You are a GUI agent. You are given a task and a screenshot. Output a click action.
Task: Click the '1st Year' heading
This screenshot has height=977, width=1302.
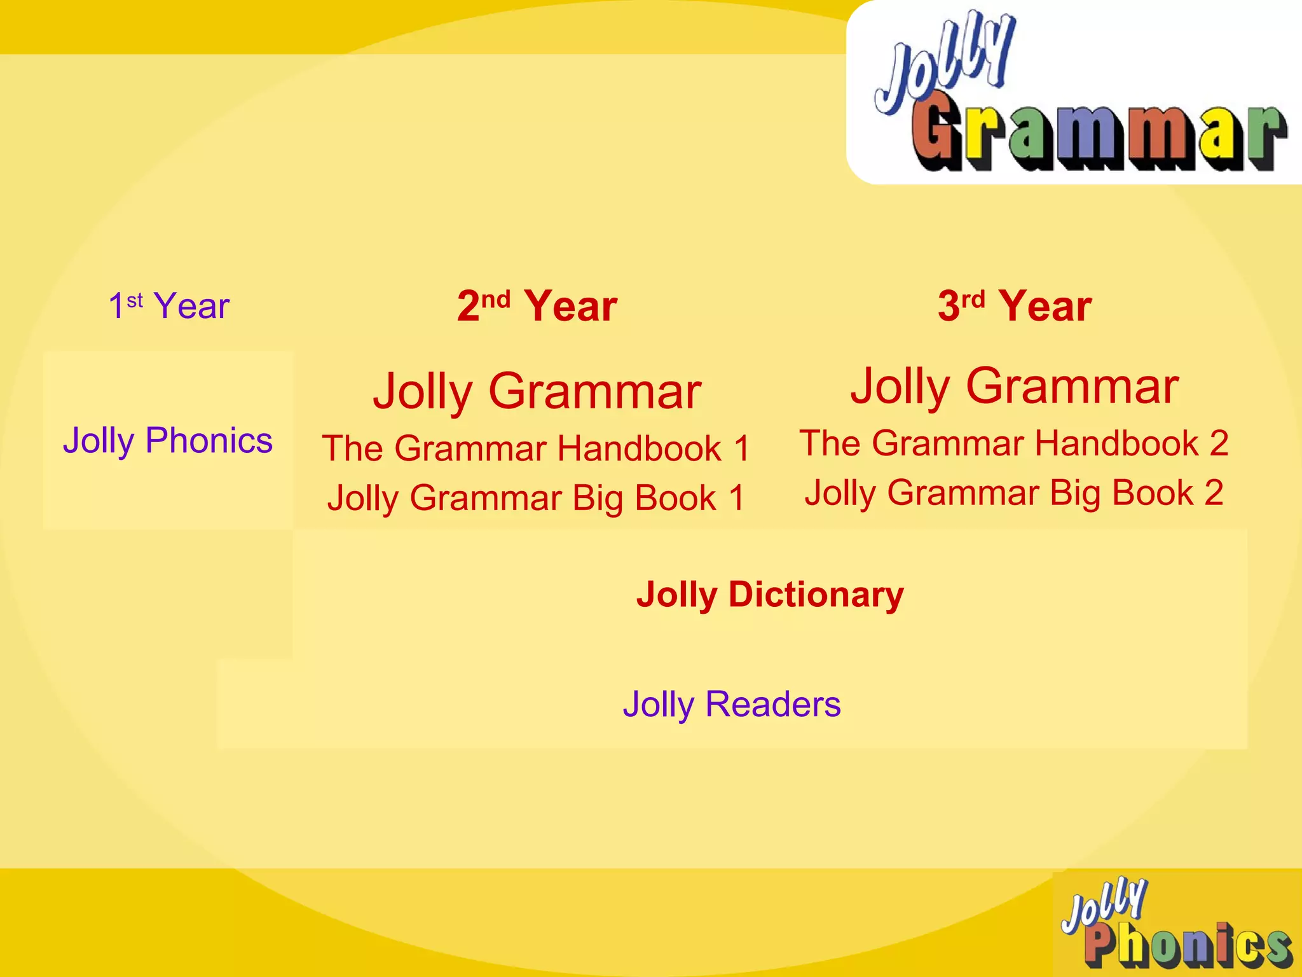[x=168, y=306]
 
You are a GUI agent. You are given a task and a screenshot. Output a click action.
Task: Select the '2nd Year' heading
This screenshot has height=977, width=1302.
[x=537, y=306]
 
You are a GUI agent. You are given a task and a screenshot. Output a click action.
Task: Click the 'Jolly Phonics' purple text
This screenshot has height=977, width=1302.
[x=167, y=440]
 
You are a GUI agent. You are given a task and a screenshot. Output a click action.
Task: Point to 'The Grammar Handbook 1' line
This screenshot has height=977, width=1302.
[x=536, y=448]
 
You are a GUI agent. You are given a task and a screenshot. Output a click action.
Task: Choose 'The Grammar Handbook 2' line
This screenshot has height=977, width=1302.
[x=1014, y=443]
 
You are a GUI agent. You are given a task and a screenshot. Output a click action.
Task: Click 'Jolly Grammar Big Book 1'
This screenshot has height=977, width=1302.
[x=536, y=498]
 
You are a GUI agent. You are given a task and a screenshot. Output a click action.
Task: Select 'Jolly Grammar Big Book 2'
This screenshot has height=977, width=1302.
[x=1014, y=493]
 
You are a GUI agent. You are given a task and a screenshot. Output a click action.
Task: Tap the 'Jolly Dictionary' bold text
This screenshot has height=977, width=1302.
[x=770, y=595]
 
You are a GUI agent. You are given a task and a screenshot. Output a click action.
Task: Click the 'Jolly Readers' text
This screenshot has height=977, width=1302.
[x=732, y=704]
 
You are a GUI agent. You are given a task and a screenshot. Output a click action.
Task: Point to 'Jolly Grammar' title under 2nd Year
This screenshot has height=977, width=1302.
[x=537, y=391]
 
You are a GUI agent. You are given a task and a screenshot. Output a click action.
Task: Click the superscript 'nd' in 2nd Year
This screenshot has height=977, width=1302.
[x=496, y=299]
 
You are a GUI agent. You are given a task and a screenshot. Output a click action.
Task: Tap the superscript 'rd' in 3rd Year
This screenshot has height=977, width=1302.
[x=973, y=299]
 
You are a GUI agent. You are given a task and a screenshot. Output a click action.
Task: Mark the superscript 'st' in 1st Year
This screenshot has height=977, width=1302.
[x=135, y=300]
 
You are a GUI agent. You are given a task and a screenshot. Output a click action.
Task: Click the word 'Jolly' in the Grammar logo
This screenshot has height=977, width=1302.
[x=944, y=64]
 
